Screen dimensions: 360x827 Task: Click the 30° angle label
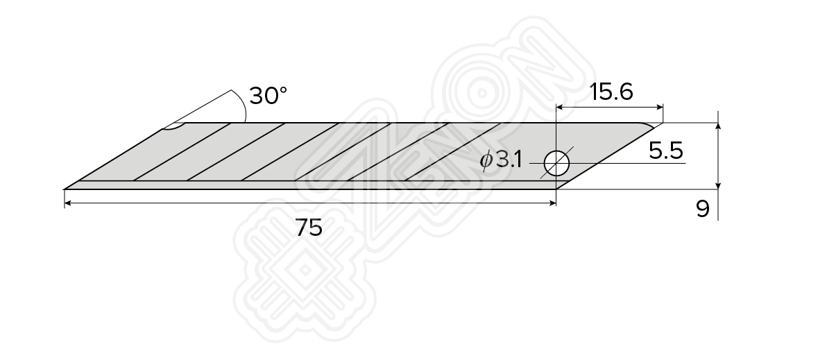click(x=268, y=96)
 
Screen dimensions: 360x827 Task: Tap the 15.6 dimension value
click(x=611, y=92)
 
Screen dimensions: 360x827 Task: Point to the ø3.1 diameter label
click(x=501, y=160)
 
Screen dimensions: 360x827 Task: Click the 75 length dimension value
click(x=309, y=227)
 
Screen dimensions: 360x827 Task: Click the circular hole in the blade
click(x=556, y=163)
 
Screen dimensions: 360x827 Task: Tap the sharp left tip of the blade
click(x=65, y=188)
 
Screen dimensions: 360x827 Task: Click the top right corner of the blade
click(x=662, y=123)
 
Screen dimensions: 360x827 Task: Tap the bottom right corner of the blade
click(x=557, y=189)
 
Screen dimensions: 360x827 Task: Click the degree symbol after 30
click(x=282, y=90)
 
